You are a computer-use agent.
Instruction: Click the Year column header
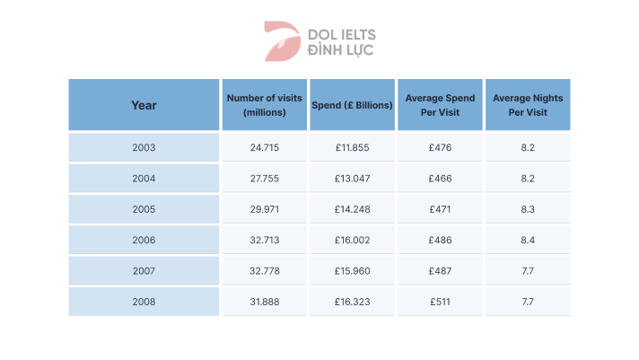coord(144,105)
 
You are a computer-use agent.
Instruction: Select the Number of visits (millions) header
coord(264,105)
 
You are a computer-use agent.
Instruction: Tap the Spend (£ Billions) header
coord(352,105)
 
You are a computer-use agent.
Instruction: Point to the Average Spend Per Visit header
coord(440,105)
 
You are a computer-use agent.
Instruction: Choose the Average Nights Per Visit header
coord(528,105)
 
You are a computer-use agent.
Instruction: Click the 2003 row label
coord(144,147)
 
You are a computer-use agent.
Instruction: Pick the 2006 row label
coord(144,240)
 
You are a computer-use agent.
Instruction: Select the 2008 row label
coord(144,302)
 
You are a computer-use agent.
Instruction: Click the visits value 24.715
coord(264,147)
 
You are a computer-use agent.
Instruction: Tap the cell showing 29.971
coord(264,209)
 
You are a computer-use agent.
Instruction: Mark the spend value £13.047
coord(352,179)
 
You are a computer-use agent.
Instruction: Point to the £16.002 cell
coord(352,240)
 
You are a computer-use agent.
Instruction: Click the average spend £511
coord(440,302)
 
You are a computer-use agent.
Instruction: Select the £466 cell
coord(440,179)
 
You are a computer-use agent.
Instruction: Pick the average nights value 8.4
coord(528,240)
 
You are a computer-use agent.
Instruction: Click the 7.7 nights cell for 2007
coord(528,271)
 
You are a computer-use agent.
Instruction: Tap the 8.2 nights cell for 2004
coord(528,179)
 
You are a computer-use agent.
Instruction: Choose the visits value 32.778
coord(264,271)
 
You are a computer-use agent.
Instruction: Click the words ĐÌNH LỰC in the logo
coord(342,50)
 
